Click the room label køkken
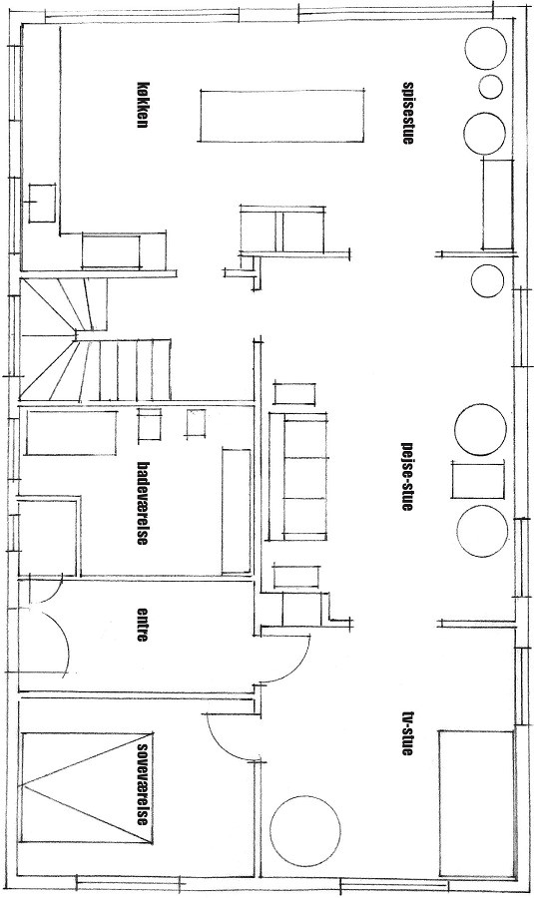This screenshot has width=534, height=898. click(x=143, y=103)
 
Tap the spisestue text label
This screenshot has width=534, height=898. click(x=407, y=114)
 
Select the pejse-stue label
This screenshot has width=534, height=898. click(x=407, y=475)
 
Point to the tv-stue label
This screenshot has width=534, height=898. click(x=407, y=733)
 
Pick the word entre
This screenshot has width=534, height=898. click(x=143, y=624)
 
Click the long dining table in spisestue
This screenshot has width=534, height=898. click(x=281, y=115)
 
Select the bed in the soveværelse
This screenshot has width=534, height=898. click(x=88, y=787)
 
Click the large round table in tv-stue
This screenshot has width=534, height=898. click(x=305, y=830)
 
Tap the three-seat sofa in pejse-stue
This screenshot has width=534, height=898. click(x=297, y=478)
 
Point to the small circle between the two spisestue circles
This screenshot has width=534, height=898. click(x=490, y=87)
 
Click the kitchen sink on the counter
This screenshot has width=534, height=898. click(x=42, y=203)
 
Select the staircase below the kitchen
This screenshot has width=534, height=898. click(x=95, y=339)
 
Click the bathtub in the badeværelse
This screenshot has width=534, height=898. click(x=72, y=432)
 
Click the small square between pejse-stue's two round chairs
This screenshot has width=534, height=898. click(x=478, y=480)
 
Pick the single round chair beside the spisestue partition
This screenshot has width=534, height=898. click(x=488, y=280)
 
